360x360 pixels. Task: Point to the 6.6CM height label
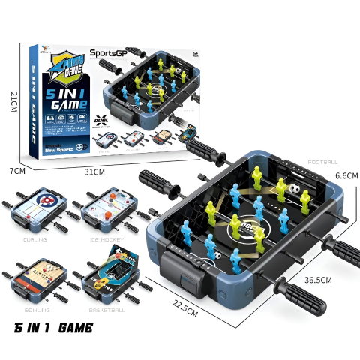tap(345, 175)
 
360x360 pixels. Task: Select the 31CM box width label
tap(94, 172)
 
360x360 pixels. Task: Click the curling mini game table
tap(35, 211)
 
